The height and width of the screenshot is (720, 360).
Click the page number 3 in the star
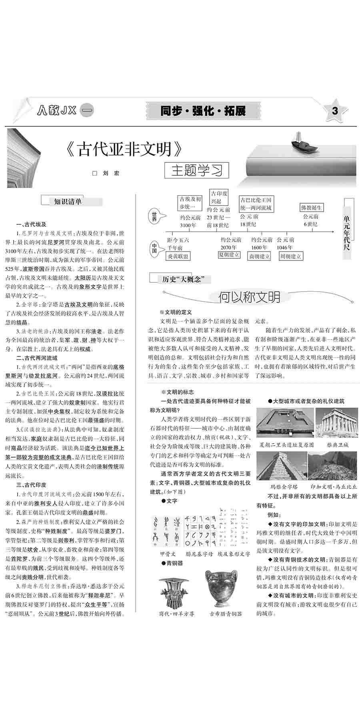click(x=335, y=110)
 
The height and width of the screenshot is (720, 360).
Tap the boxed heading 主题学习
click(x=197, y=170)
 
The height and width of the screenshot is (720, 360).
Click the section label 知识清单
click(x=68, y=201)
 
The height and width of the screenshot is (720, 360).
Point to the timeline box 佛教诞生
click(x=311, y=208)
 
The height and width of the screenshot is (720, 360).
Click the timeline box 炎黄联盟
click(x=178, y=256)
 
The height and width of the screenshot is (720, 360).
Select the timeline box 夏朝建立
click(x=229, y=254)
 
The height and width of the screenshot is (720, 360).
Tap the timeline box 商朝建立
click(x=260, y=256)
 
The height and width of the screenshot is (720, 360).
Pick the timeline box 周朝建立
click(x=290, y=256)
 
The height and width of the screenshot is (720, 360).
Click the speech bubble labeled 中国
click(x=154, y=248)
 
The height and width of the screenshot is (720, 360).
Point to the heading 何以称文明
click(x=249, y=296)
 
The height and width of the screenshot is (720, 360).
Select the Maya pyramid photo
click(x=281, y=466)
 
